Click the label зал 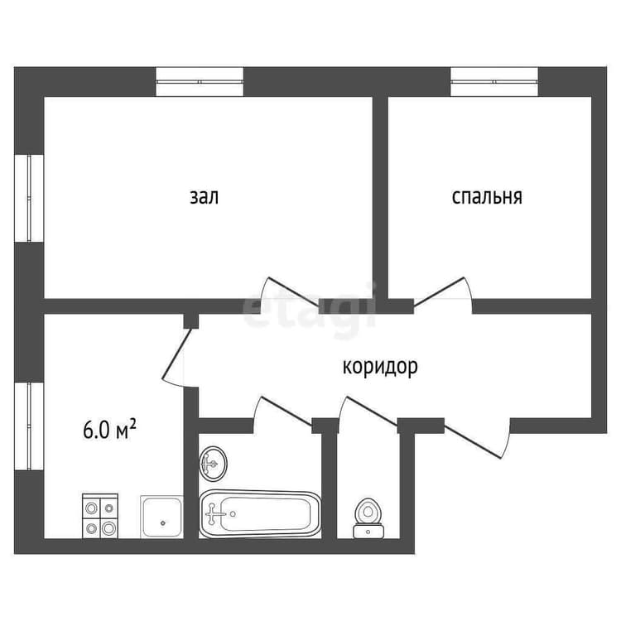[x=204, y=197]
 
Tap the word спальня [x=487, y=197]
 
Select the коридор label [x=380, y=366]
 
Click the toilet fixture [x=368, y=518]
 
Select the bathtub [x=260, y=513]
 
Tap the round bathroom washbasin [x=214, y=463]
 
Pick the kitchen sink [x=161, y=517]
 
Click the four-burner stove [x=100, y=516]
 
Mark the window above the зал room [x=200, y=82]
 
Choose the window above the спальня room [x=494, y=82]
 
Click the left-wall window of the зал [x=29, y=198]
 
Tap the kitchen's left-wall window [x=29, y=426]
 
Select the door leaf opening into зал [x=294, y=291]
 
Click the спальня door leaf [x=438, y=291]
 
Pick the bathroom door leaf [x=286, y=411]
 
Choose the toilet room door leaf [x=373, y=411]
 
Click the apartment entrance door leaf [x=473, y=441]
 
